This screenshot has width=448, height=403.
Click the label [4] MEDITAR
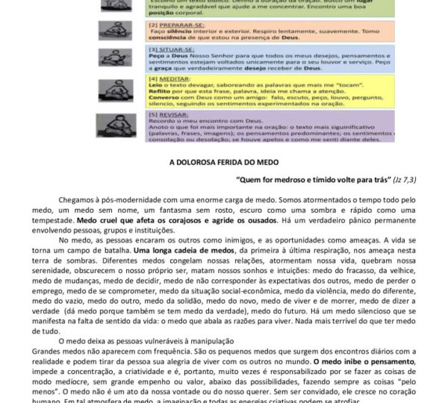pos(166,78)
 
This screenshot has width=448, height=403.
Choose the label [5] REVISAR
pos(165,114)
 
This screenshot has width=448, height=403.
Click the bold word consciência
pos(169,37)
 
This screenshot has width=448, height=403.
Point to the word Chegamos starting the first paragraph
pos(78,199)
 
